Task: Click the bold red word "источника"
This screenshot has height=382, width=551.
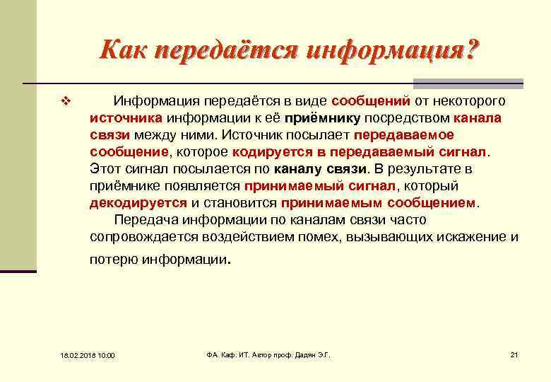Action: (x=126, y=117)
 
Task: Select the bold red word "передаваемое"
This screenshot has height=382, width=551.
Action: (x=404, y=134)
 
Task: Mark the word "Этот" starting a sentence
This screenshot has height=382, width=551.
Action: (x=105, y=169)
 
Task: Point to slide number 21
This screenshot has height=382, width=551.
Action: (x=514, y=354)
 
